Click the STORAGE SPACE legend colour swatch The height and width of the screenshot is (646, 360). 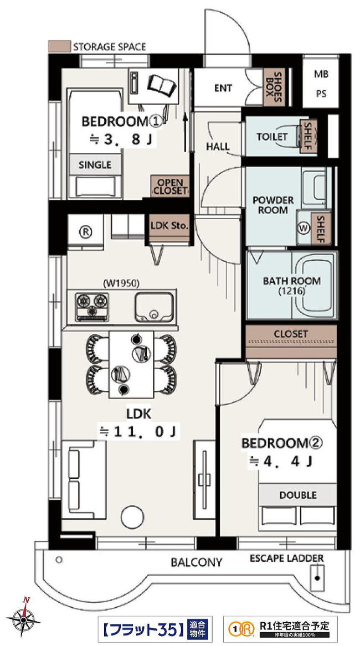[x=59, y=46]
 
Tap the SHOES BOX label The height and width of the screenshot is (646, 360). [x=274, y=87]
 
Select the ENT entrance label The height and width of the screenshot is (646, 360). [x=223, y=88]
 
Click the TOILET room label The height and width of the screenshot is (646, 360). [x=272, y=136]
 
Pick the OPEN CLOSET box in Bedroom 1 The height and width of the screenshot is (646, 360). [x=170, y=186]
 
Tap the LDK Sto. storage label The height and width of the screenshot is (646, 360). [x=169, y=225]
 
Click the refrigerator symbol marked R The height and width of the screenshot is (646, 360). [x=85, y=232]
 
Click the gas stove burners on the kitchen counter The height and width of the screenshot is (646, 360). [x=92, y=307]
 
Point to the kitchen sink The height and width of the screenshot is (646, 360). [x=154, y=307]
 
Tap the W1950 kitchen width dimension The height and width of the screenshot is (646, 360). [x=121, y=283]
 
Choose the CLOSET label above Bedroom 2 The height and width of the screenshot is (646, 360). [x=291, y=333]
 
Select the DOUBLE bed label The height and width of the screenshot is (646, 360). [x=298, y=495]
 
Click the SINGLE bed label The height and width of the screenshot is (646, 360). [x=95, y=165]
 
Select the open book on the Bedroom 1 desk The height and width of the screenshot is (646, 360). [x=162, y=85]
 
